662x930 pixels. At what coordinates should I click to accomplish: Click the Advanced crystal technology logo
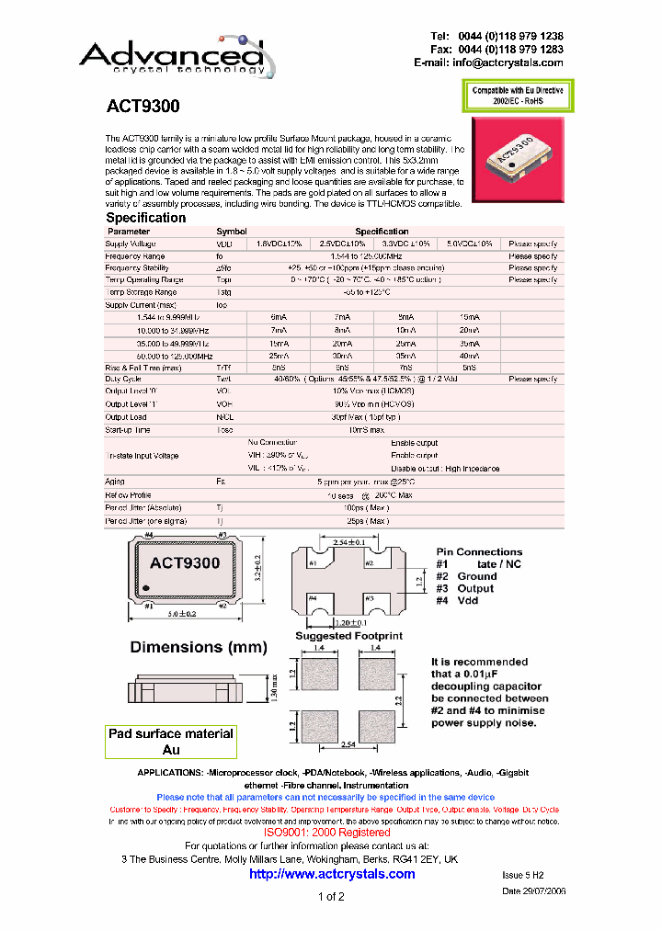[x=172, y=55]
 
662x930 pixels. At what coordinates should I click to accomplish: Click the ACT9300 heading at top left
[x=143, y=107]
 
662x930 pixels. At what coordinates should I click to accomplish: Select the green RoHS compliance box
[x=519, y=96]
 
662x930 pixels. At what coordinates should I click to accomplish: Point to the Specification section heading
[x=145, y=218]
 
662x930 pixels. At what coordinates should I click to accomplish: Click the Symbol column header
[x=231, y=232]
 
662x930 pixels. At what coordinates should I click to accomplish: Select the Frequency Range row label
[x=135, y=255]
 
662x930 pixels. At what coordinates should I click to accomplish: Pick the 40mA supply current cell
[x=468, y=356]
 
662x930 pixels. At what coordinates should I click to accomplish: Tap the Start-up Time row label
[x=129, y=428]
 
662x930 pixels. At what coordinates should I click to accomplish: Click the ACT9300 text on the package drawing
[x=185, y=563]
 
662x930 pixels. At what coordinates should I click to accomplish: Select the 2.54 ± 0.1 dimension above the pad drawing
[x=341, y=543]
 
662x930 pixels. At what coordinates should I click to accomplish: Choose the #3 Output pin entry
[x=465, y=588]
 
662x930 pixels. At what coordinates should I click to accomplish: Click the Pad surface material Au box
[x=171, y=741]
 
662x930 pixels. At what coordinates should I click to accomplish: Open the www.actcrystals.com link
[x=332, y=873]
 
